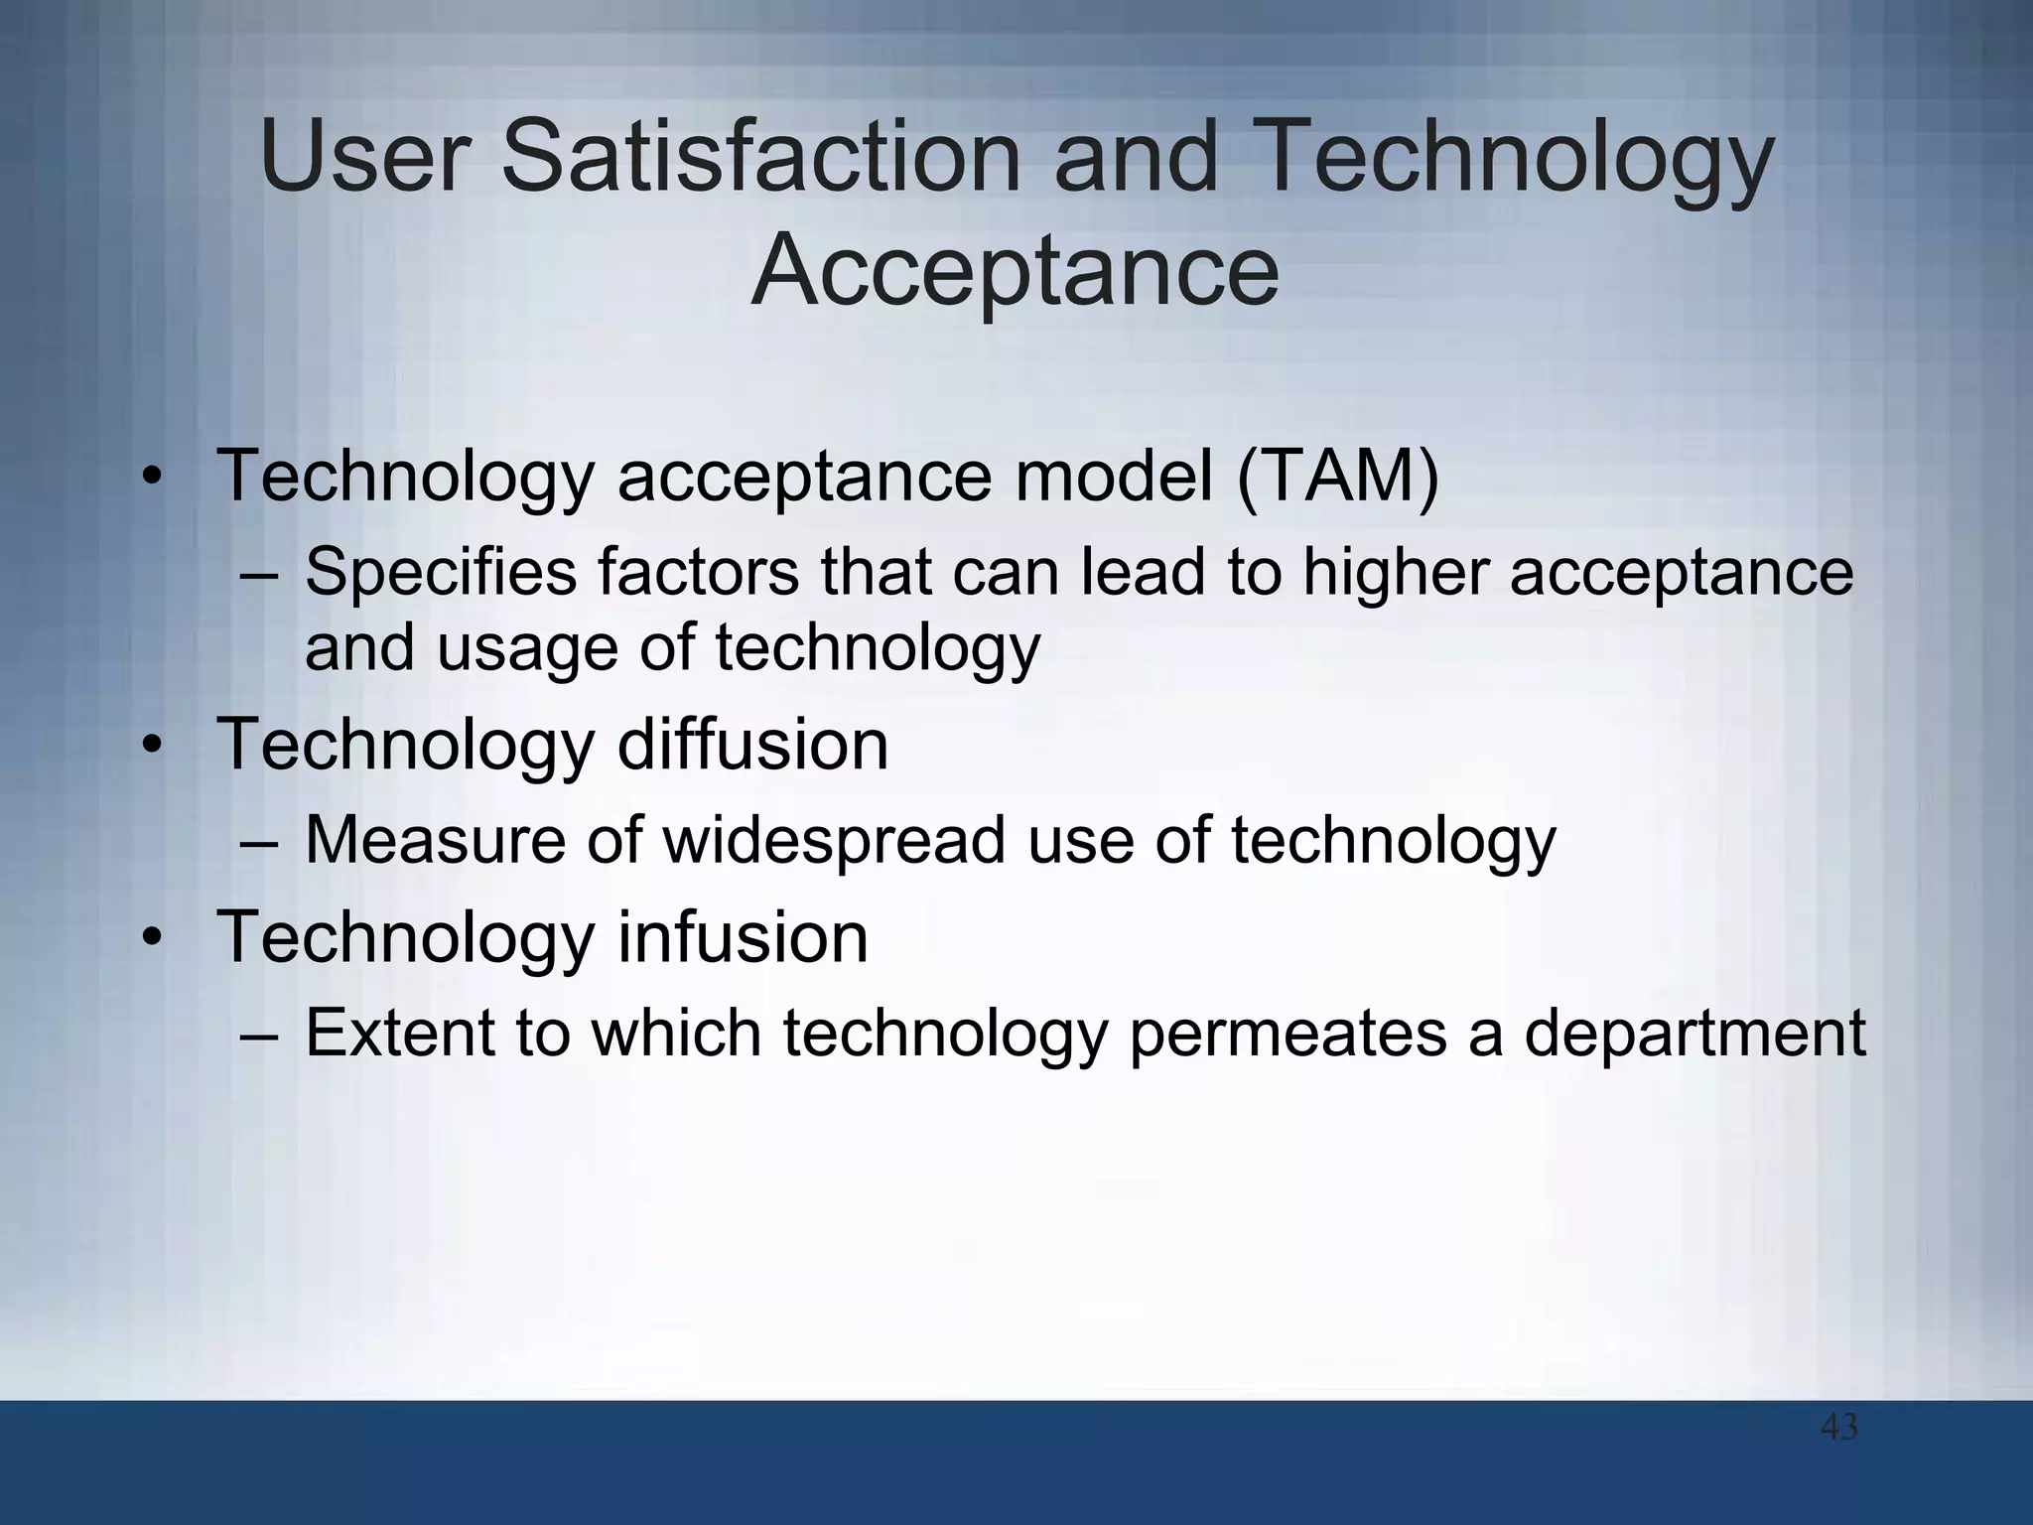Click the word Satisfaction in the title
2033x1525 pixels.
click(760, 157)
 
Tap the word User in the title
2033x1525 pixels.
click(363, 157)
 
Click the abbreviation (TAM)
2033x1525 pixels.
click(1337, 476)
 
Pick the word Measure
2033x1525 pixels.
click(434, 840)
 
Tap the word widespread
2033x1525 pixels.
click(835, 840)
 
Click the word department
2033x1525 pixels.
click(1694, 1033)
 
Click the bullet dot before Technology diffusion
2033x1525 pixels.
click(151, 747)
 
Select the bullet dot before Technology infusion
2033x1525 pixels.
click(151, 939)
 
